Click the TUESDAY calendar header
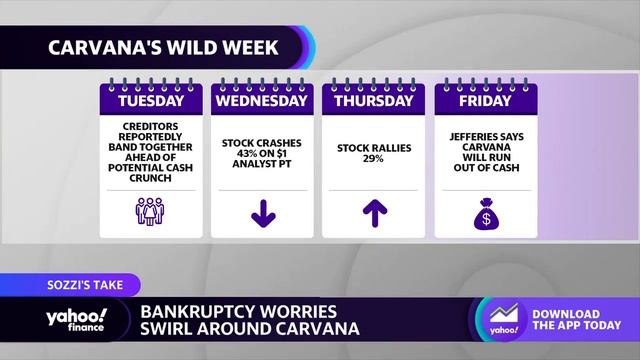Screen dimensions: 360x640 click(x=151, y=101)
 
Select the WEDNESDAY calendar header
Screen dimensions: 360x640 click(x=262, y=101)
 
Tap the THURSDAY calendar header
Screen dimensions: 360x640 click(x=373, y=101)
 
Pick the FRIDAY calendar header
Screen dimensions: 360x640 click(x=484, y=101)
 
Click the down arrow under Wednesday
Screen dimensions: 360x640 click(x=262, y=212)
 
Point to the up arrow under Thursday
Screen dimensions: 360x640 click(x=373, y=212)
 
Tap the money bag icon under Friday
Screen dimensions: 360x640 click(x=484, y=211)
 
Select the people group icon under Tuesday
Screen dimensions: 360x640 click(x=151, y=211)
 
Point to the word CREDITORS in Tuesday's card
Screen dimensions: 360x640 click(x=151, y=127)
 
